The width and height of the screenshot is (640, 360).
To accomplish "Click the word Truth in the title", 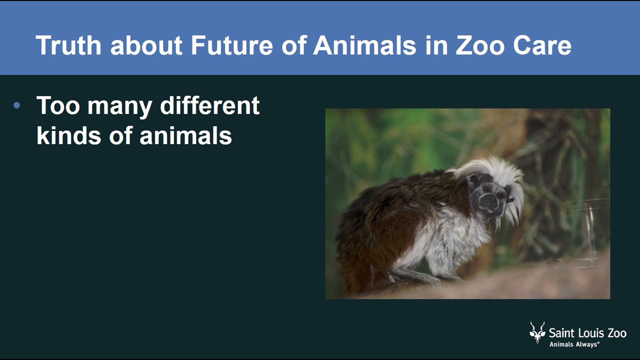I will tap(68, 46).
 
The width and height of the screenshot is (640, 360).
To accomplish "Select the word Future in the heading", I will tap(232, 46).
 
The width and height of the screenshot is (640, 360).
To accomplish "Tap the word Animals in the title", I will tap(365, 46).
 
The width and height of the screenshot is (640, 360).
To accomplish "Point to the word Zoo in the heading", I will tap(480, 46).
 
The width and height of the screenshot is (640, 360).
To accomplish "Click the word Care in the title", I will tap(542, 46).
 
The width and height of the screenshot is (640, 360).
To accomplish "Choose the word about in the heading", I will tap(146, 46).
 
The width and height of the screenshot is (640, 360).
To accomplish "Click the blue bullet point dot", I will tap(17, 106).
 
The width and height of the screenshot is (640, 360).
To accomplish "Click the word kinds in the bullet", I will tap(69, 136).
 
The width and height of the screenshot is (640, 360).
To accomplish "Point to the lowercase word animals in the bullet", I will tap(186, 136).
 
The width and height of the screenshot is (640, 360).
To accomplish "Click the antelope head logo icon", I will tap(537, 332).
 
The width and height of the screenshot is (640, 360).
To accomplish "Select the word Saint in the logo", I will tap(562, 333).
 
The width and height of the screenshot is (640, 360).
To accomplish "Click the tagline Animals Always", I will tap(574, 344).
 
